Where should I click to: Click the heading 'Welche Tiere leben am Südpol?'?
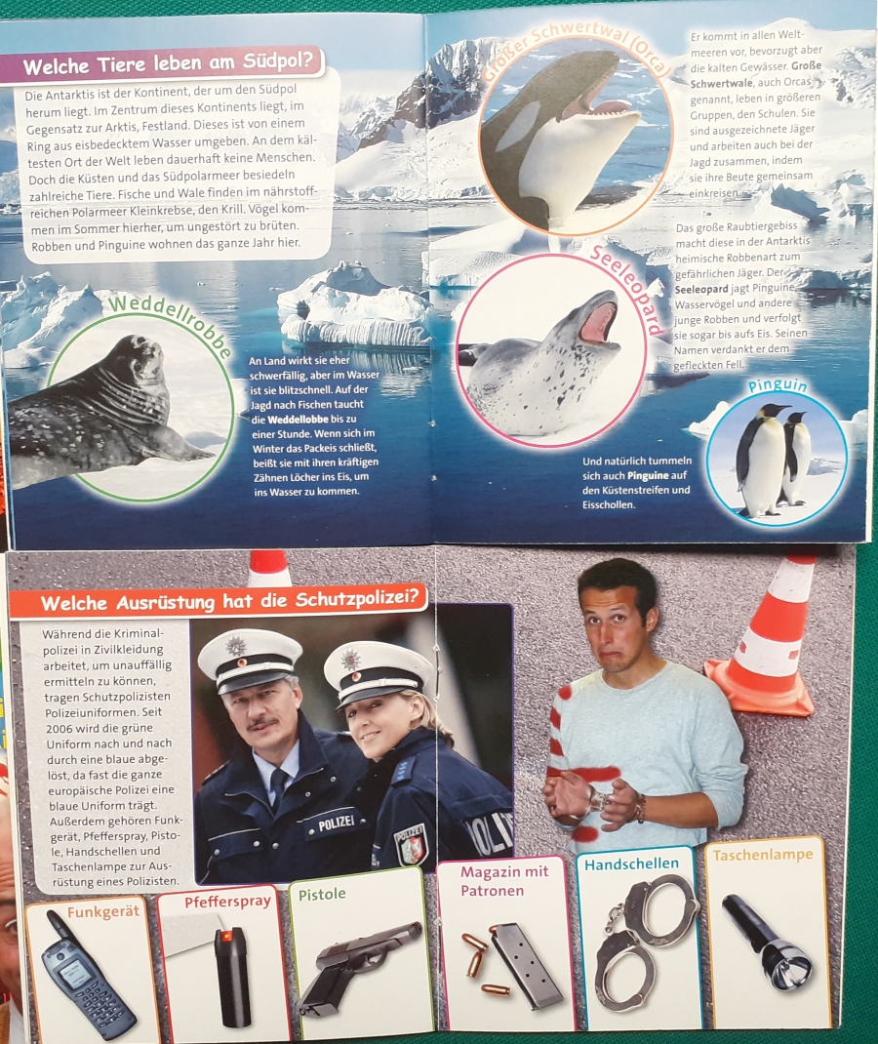pyautogui.click(x=168, y=64)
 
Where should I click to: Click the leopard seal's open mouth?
pyautogui.click(x=599, y=321)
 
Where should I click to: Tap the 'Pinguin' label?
pyautogui.click(x=778, y=386)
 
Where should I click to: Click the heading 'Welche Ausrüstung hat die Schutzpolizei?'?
pyautogui.click(x=230, y=601)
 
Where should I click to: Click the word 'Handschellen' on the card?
pyautogui.click(x=632, y=864)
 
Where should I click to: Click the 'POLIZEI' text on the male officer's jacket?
pyautogui.click(x=337, y=823)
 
